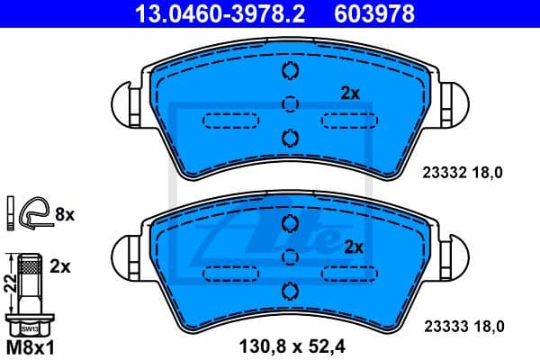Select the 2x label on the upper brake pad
(349, 92)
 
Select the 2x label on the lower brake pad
(354, 246)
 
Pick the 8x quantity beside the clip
(64, 215)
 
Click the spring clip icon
(33, 213)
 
